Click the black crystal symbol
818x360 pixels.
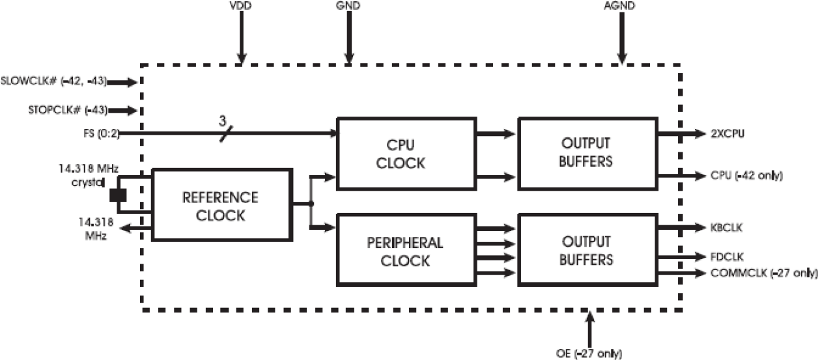117,195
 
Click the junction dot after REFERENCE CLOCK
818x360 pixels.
312,204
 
